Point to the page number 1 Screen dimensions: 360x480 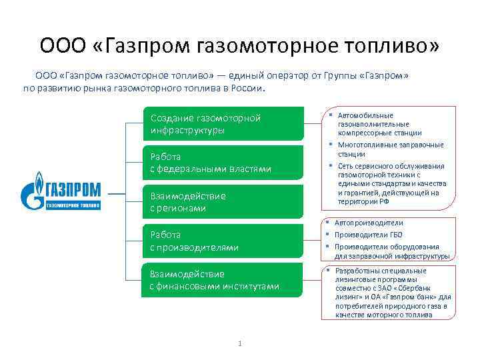[239, 343]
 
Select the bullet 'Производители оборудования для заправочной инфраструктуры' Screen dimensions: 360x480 [387, 251]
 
